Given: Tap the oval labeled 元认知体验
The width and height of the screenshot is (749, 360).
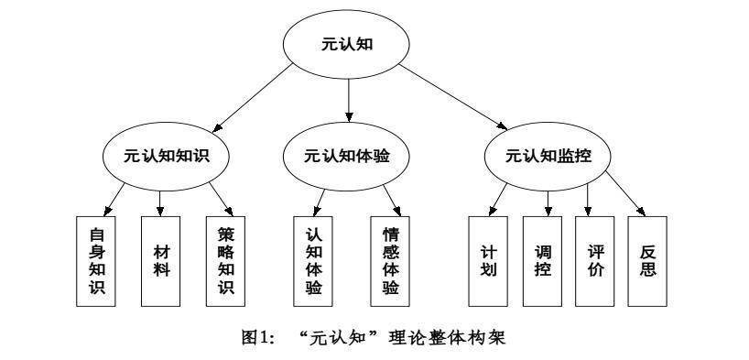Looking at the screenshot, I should pos(348,155).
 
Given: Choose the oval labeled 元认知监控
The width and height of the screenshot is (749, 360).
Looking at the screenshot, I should pos(548,155).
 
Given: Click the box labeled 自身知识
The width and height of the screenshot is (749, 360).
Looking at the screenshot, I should pos(94,260).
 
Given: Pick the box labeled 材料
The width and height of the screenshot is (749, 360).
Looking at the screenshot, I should pos(160,260).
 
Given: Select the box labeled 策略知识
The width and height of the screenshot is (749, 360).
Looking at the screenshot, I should pos(225,260).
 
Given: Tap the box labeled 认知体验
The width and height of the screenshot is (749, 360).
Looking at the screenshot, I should pos(313,260).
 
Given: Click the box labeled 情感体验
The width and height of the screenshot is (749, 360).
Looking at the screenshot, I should pos(390,260).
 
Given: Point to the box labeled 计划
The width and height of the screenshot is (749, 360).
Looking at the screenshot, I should pos(488,260).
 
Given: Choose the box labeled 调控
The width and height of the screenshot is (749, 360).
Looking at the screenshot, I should pos(542,260).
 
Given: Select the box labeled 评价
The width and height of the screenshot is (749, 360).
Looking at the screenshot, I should pos(593,260).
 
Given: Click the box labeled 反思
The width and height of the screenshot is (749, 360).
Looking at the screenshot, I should pos(647,260).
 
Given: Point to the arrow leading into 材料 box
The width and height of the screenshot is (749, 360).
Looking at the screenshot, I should pos(161,201).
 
